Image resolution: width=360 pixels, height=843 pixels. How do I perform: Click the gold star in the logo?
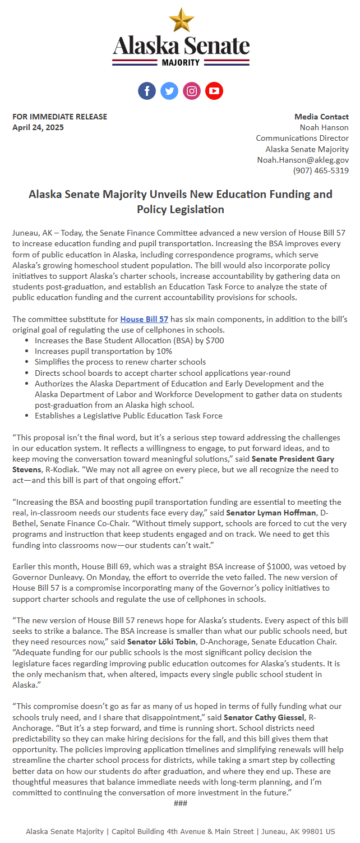coord(181,20)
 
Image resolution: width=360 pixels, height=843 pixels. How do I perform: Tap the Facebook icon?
coord(147,91)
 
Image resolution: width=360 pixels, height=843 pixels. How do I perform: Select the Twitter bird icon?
coord(169,91)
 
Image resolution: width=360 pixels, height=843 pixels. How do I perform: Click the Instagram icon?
coord(192,91)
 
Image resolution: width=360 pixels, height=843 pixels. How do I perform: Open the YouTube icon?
coord(214,91)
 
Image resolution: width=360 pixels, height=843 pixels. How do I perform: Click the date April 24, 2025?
coord(38,127)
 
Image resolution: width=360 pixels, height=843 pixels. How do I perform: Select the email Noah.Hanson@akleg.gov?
coord(303,160)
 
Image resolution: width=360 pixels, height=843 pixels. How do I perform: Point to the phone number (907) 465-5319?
coord(321,171)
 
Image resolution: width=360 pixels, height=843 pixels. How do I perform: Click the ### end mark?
coord(181,803)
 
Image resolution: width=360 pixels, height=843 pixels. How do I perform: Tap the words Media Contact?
coord(321,117)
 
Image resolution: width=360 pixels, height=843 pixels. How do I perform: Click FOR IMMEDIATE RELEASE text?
coord(59,117)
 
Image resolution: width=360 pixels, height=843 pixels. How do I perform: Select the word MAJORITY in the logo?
coord(181,63)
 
